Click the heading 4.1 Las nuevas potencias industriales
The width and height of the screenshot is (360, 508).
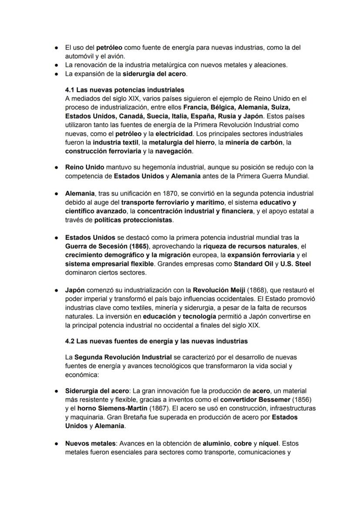click(124, 90)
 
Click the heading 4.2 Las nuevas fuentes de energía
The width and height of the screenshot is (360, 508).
click(156, 341)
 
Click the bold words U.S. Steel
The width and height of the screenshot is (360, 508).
click(296, 264)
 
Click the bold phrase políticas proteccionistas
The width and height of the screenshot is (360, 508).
click(133, 220)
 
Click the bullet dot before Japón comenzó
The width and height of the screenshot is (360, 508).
click(57, 290)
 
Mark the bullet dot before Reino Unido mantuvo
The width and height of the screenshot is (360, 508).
click(57, 167)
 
